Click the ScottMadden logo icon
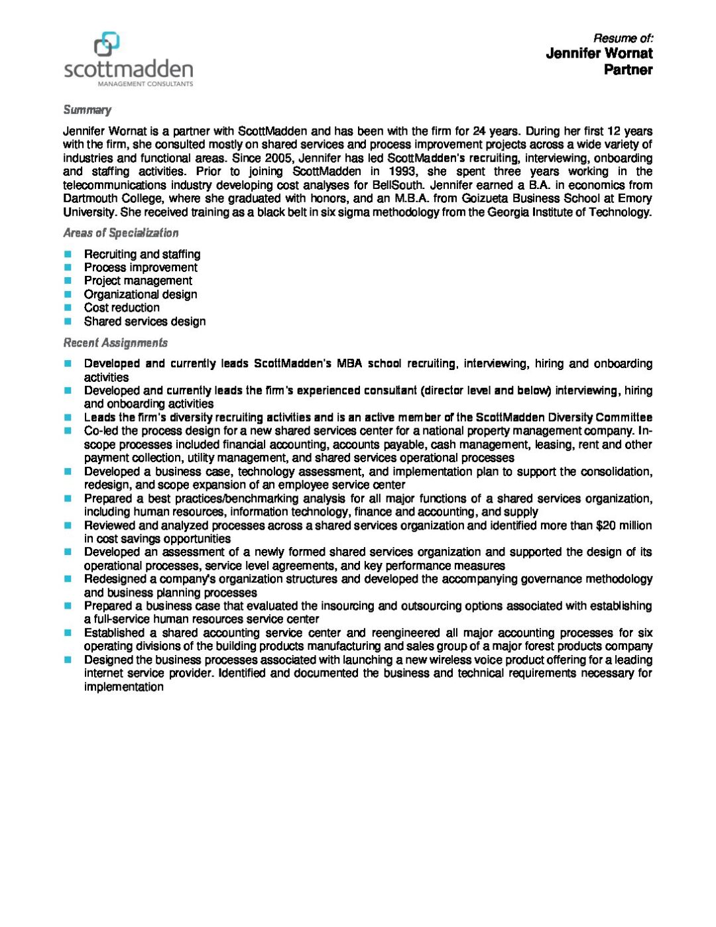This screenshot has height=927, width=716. [x=107, y=44]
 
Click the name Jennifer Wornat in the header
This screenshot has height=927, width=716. [x=599, y=54]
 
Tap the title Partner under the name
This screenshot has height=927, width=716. [x=628, y=70]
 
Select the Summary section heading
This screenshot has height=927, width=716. [x=87, y=110]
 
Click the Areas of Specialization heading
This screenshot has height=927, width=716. [x=121, y=233]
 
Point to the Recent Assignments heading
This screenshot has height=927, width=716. [x=115, y=343]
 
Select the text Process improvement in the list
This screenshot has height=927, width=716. [x=141, y=267]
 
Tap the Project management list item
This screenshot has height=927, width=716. [x=138, y=280]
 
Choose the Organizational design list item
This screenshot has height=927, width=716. [x=141, y=294]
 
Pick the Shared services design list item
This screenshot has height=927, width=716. [x=145, y=322]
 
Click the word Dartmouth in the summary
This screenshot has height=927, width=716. [x=90, y=198]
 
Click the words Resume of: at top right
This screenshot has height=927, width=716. [x=623, y=38]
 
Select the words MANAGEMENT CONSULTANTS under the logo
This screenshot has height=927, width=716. [x=145, y=84]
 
